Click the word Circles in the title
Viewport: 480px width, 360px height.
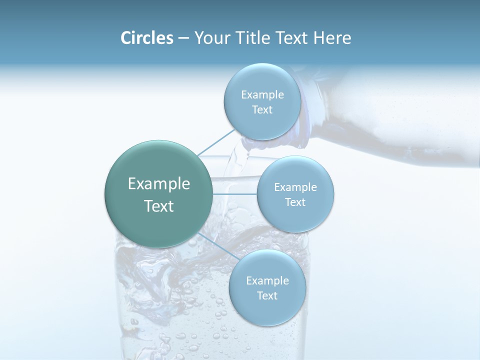(x=146, y=38)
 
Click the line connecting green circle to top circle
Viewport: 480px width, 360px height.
(x=216, y=141)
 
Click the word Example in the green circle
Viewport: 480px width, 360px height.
(x=158, y=184)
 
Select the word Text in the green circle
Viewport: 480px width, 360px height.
(x=158, y=206)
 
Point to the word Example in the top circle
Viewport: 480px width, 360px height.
(x=262, y=95)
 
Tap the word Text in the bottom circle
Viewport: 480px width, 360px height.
(x=267, y=295)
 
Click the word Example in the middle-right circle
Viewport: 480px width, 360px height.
(x=295, y=187)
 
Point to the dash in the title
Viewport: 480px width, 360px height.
(x=183, y=38)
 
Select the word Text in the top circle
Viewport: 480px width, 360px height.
(x=262, y=110)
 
